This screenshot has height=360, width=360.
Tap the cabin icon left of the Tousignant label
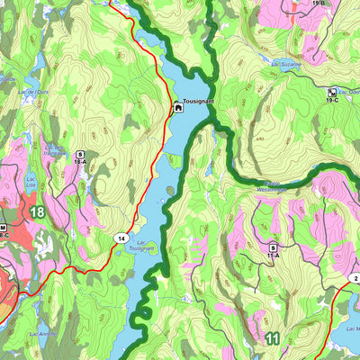[x=178, y=109]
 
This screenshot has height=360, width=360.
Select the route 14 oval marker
[x=120, y=238]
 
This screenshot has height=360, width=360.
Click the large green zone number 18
[x=36, y=211]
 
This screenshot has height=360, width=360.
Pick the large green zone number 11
[x=274, y=338]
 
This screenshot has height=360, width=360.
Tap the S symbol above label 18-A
[x=80, y=154]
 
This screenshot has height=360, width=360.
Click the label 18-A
[x=80, y=163]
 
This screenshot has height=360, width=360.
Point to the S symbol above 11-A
[x=272, y=247]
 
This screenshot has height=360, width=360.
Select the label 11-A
[x=272, y=256]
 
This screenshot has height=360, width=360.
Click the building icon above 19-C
[x=333, y=92]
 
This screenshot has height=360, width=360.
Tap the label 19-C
[x=333, y=101]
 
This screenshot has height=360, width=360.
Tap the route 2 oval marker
[x=354, y=278]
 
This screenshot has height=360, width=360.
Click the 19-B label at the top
[x=319, y=4]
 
